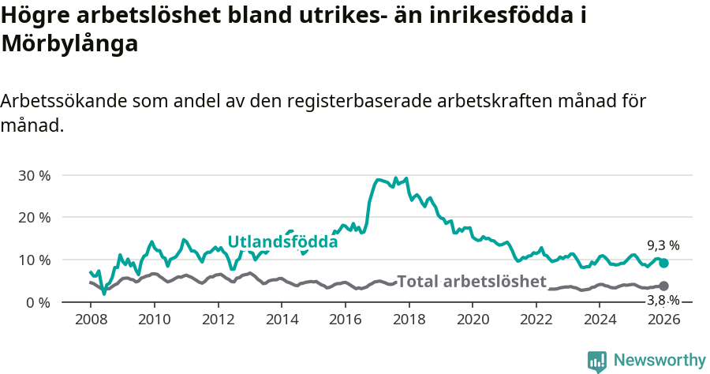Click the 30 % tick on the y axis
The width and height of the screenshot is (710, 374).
point(33,175)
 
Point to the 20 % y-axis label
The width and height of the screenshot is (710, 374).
point(33,217)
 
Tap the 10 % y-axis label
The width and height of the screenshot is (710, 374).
point(33,260)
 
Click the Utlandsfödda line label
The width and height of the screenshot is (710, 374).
point(282,242)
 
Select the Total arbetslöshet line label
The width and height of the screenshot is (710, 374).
point(472,282)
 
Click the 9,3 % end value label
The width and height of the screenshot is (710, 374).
point(663,245)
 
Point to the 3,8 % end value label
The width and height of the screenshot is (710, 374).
point(663,300)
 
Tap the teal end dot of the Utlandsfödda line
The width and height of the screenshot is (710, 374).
point(663,264)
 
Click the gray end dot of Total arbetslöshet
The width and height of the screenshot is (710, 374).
point(663,286)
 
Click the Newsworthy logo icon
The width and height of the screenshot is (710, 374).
point(597,361)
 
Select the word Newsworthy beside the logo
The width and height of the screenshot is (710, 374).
point(660,361)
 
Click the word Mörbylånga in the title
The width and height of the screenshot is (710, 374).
point(70,44)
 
